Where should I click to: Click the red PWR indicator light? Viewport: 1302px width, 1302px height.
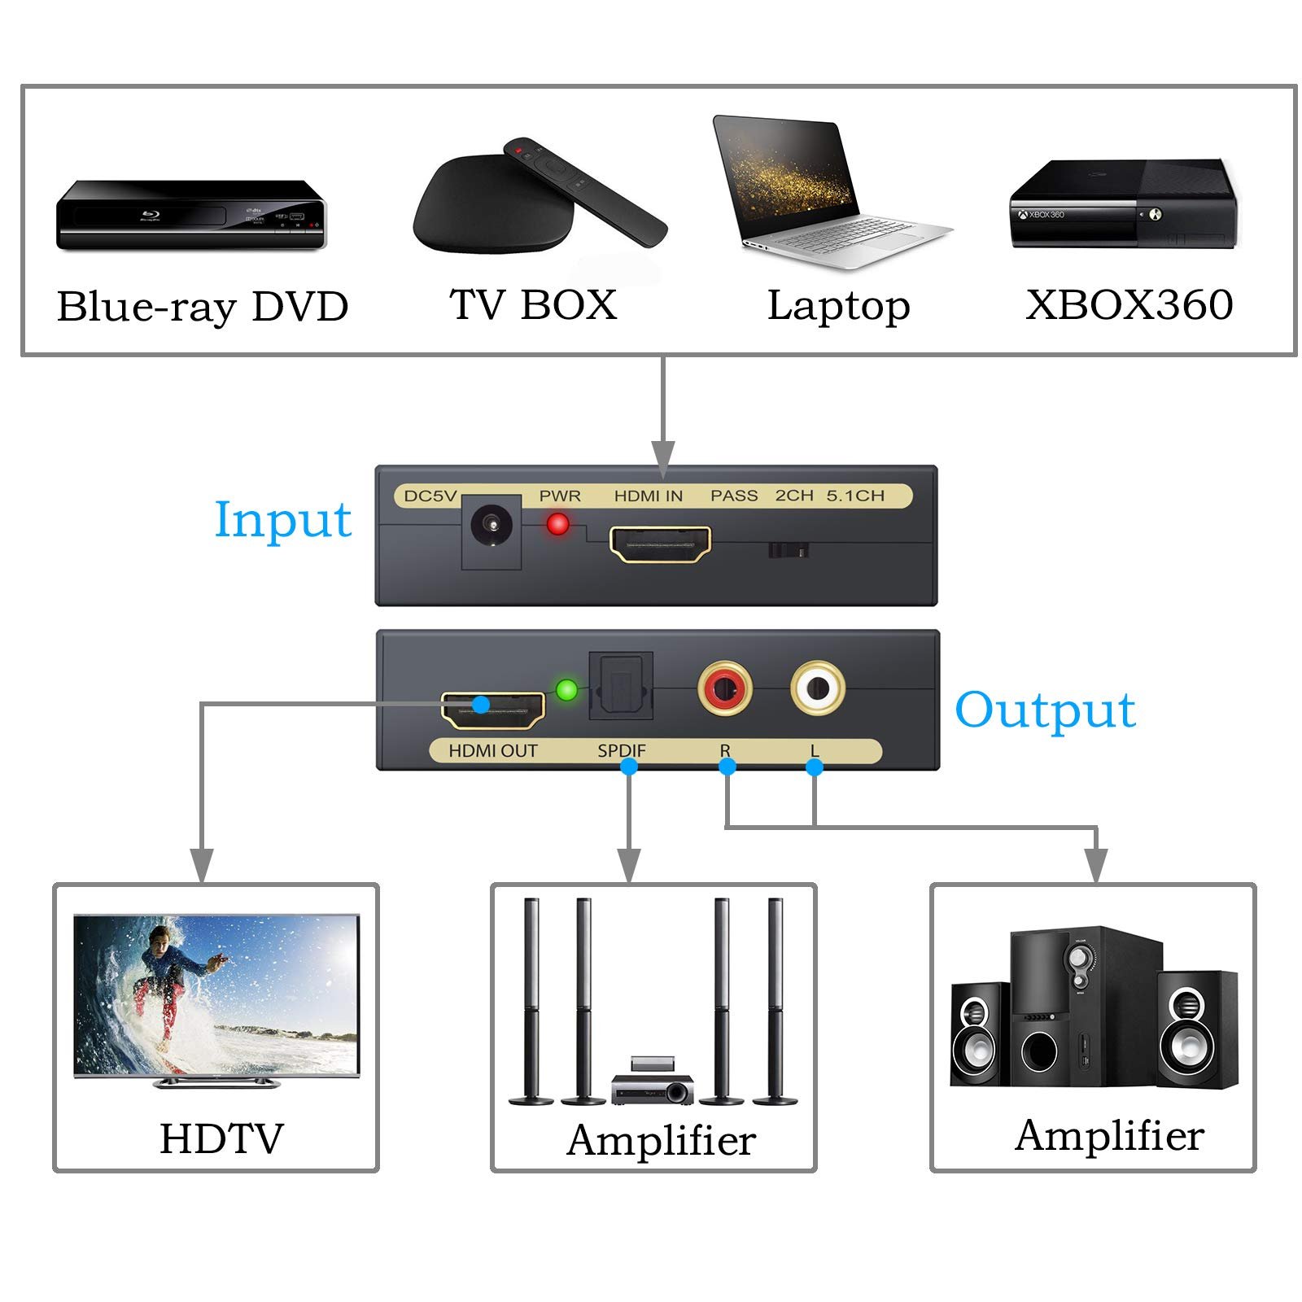pyautogui.click(x=557, y=523)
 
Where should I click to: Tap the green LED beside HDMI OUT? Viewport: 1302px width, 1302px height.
pyautogui.click(x=566, y=691)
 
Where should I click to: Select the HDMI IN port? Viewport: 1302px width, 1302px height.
pyautogui.click(x=660, y=544)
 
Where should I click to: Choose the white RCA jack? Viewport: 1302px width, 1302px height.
pyautogui.click(x=818, y=688)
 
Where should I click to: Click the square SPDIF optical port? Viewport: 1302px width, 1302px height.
pyautogui.click(x=621, y=684)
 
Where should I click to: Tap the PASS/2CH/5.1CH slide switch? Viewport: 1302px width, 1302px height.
pyautogui.click(x=788, y=551)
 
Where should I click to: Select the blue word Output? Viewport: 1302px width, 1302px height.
pyautogui.click(x=1045, y=710)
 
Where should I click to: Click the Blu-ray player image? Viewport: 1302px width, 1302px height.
pyautogui.click(x=190, y=216)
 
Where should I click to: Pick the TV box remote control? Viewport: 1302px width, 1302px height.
pyautogui.click(x=583, y=190)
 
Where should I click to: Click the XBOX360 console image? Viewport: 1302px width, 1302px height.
pyautogui.click(x=1124, y=204)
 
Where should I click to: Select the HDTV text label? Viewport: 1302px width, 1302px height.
pyautogui.click(x=221, y=1138)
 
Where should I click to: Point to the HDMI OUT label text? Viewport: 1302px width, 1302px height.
pyautogui.click(x=493, y=751)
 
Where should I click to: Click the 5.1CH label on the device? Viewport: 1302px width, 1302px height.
pyautogui.click(x=855, y=496)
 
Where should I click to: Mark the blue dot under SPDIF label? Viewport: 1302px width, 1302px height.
pyautogui.click(x=628, y=766)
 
